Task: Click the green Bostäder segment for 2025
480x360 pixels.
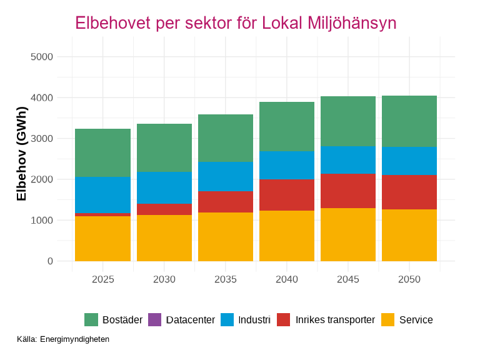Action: point(102,152)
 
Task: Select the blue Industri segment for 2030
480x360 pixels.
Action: point(164,187)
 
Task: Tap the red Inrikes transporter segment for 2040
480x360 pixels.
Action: point(287,195)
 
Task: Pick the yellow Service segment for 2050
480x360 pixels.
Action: point(409,235)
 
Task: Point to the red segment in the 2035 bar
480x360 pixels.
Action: point(226,202)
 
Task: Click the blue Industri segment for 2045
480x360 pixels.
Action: point(348,160)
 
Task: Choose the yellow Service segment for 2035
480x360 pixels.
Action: point(226,237)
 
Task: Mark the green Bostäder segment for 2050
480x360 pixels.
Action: point(409,121)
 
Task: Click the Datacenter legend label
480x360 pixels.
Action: point(191,320)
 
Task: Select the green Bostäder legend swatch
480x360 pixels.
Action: point(91,320)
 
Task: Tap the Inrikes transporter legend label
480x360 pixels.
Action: point(335,320)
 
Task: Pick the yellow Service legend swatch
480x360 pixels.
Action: point(388,320)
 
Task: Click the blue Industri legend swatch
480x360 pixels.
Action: point(227,320)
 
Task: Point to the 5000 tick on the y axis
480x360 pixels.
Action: point(42,57)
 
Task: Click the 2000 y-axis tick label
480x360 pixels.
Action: point(42,179)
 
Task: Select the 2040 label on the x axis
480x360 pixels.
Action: point(287,279)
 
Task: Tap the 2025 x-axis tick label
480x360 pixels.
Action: point(102,279)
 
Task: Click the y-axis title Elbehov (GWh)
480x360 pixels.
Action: point(22,154)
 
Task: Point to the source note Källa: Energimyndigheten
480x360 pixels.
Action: point(63,339)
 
